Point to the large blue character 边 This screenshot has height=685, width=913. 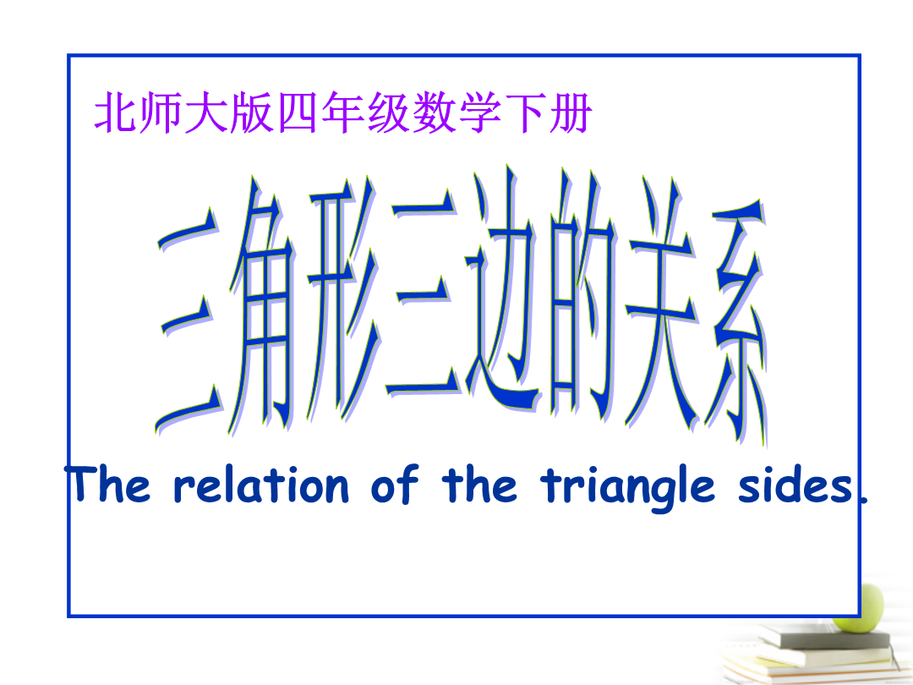tap(502, 289)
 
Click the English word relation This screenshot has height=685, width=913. tap(261, 485)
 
